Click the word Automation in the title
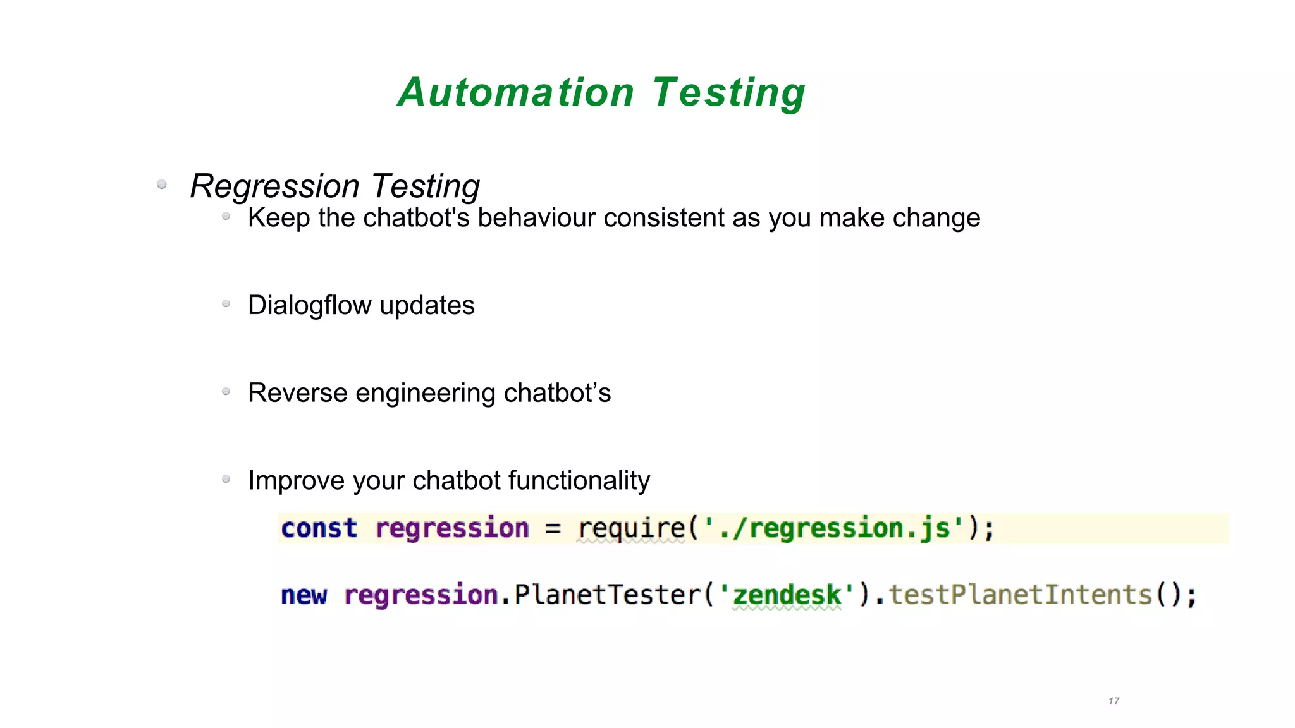point(515,92)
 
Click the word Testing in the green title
point(728,92)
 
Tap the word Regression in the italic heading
point(274,186)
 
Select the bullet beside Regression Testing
point(162,184)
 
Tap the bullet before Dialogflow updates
point(226,304)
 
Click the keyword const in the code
point(319,528)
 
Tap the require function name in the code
point(631,528)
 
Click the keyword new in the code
point(304,595)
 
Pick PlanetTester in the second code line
point(608,595)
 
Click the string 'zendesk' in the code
point(787,595)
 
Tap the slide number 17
point(1114,701)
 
